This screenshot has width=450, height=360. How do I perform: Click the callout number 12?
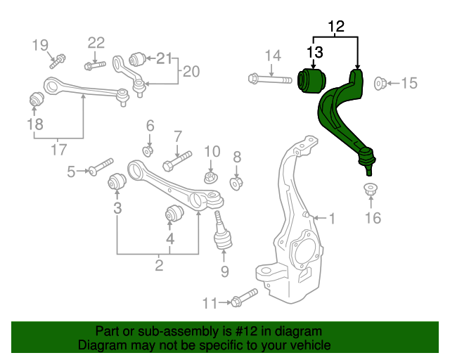point(336,27)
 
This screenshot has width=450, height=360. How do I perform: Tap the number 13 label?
point(314,51)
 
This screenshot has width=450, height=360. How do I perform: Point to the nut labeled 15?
point(380,84)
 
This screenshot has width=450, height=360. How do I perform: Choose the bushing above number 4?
point(174,212)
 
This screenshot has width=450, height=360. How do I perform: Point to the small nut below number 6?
point(148,150)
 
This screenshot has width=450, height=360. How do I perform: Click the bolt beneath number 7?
point(176,161)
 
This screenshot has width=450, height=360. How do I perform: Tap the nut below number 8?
point(237,182)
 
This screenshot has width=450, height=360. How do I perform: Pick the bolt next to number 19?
point(59,57)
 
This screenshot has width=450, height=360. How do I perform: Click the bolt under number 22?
point(95,66)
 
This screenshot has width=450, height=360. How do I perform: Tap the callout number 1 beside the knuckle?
point(331,219)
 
